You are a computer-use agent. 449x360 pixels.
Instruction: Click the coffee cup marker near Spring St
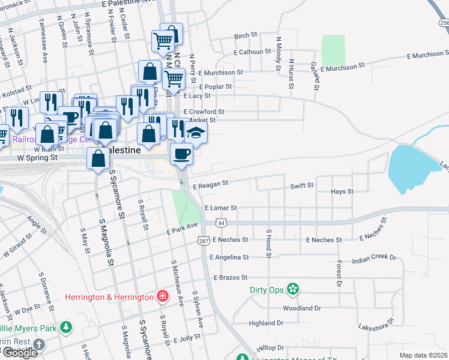click(182, 154)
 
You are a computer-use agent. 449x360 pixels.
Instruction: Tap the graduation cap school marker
click(195, 133)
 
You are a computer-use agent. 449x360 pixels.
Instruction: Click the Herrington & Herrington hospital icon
click(162, 296)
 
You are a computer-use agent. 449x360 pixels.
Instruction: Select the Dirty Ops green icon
click(293, 290)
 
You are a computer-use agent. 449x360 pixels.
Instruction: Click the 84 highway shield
click(222, 223)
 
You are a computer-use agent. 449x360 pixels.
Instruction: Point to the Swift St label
click(301, 186)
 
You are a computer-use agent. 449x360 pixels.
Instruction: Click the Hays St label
click(341, 192)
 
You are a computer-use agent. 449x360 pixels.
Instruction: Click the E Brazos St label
click(231, 278)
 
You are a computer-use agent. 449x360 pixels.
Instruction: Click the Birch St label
click(246, 36)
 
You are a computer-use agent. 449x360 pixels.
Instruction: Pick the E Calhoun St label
click(252, 52)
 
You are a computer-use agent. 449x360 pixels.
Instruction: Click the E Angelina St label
click(229, 257)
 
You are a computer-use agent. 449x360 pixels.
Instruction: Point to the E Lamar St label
click(220, 208)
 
